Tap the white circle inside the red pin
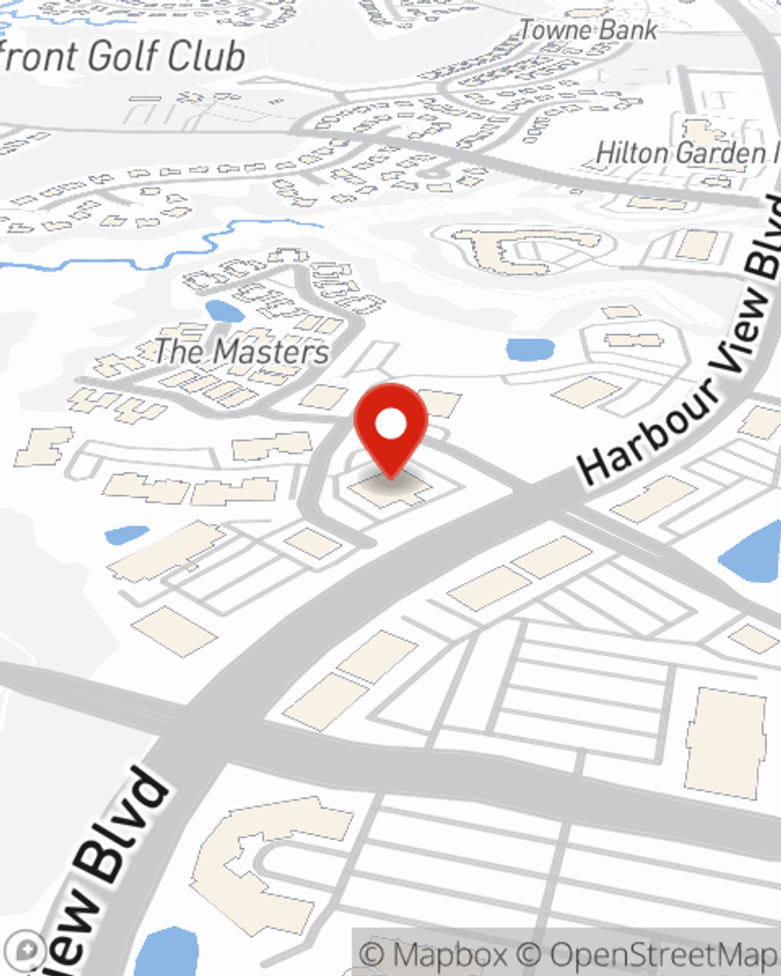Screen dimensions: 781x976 point(390,425)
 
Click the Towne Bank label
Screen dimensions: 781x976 point(588,30)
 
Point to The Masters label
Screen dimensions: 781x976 point(241,351)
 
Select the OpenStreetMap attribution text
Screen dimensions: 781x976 point(662,954)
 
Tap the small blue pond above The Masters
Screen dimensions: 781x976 point(225,310)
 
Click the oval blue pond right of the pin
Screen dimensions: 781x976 point(530,349)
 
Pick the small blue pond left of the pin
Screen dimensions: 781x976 point(126,534)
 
